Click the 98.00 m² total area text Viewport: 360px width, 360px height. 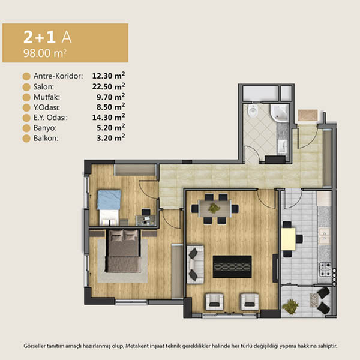(45, 53)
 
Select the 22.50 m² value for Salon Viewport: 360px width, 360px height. (109, 86)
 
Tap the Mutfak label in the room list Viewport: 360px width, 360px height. (47, 97)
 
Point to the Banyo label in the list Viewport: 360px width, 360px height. (45, 128)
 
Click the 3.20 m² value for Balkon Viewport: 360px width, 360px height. (111, 138)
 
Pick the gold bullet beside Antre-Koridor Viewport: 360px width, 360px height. (26, 76)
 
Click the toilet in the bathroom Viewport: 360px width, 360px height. (253, 110)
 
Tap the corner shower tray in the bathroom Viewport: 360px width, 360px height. (280, 113)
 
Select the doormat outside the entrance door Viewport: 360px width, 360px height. (308, 115)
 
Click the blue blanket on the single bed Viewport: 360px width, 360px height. (109, 200)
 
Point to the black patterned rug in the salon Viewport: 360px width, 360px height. (232, 267)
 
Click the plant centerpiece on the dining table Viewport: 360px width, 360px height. (214, 208)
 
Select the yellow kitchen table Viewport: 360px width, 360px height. (289, 239)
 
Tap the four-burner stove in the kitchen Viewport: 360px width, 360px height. (326, 269)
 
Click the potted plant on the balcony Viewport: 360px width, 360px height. (290, 306)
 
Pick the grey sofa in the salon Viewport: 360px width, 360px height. (196, 265)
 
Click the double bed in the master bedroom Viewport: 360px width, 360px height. (123, 251)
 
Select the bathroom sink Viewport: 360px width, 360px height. (283, 146)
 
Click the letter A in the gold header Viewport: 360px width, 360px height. (67, 37)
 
